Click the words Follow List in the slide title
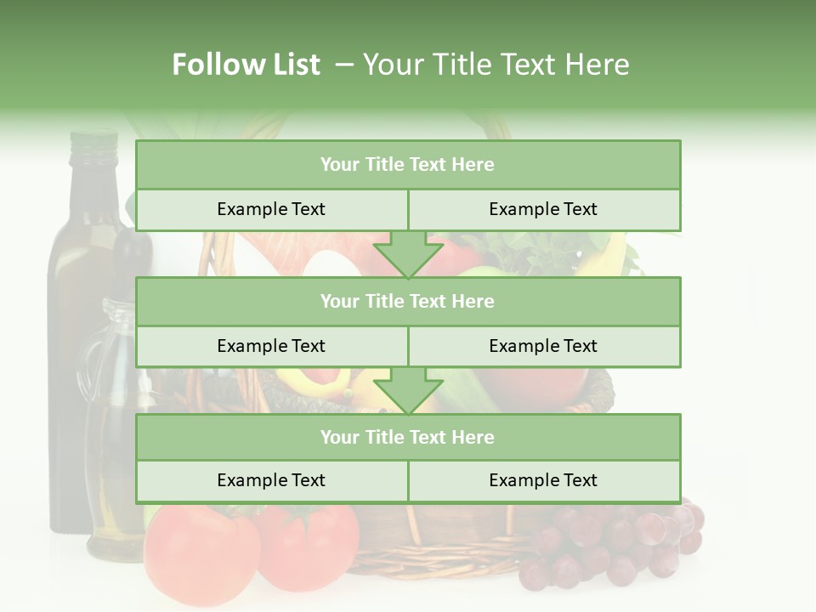(x=246, y=65)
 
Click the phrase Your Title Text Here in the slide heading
(x=496, y=65)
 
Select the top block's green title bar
(x=408, y=165)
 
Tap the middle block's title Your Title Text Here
(x=408, y=302)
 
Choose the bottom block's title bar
(x=408, y=437)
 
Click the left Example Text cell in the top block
(x=271, y=209)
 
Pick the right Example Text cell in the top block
(x=543, y=209)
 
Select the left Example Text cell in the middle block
(x=271, y=346)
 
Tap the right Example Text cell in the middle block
(x=543, y=346)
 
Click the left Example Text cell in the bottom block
(x=271, y=480)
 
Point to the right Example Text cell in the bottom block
(x=543, y=480)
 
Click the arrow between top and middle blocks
(x=408, y=254)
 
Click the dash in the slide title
(x=344, y=65)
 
